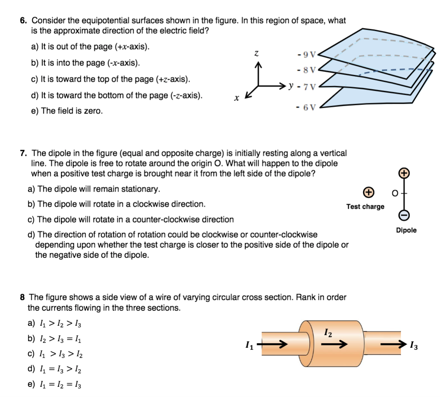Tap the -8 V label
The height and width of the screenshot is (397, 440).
[x=307, y=70]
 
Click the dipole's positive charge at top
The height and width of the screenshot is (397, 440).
[x=403, y=172]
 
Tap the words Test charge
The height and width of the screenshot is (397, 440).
[x=365, y=207]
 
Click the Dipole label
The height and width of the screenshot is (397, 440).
[x=406, y=230]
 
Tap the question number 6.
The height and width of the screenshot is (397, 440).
[x=24, y=20]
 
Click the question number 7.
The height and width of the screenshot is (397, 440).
[x=24, y=153]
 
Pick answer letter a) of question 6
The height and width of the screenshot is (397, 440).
[x=34, y=47]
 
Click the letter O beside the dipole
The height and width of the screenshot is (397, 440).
[x=394, y=194]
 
